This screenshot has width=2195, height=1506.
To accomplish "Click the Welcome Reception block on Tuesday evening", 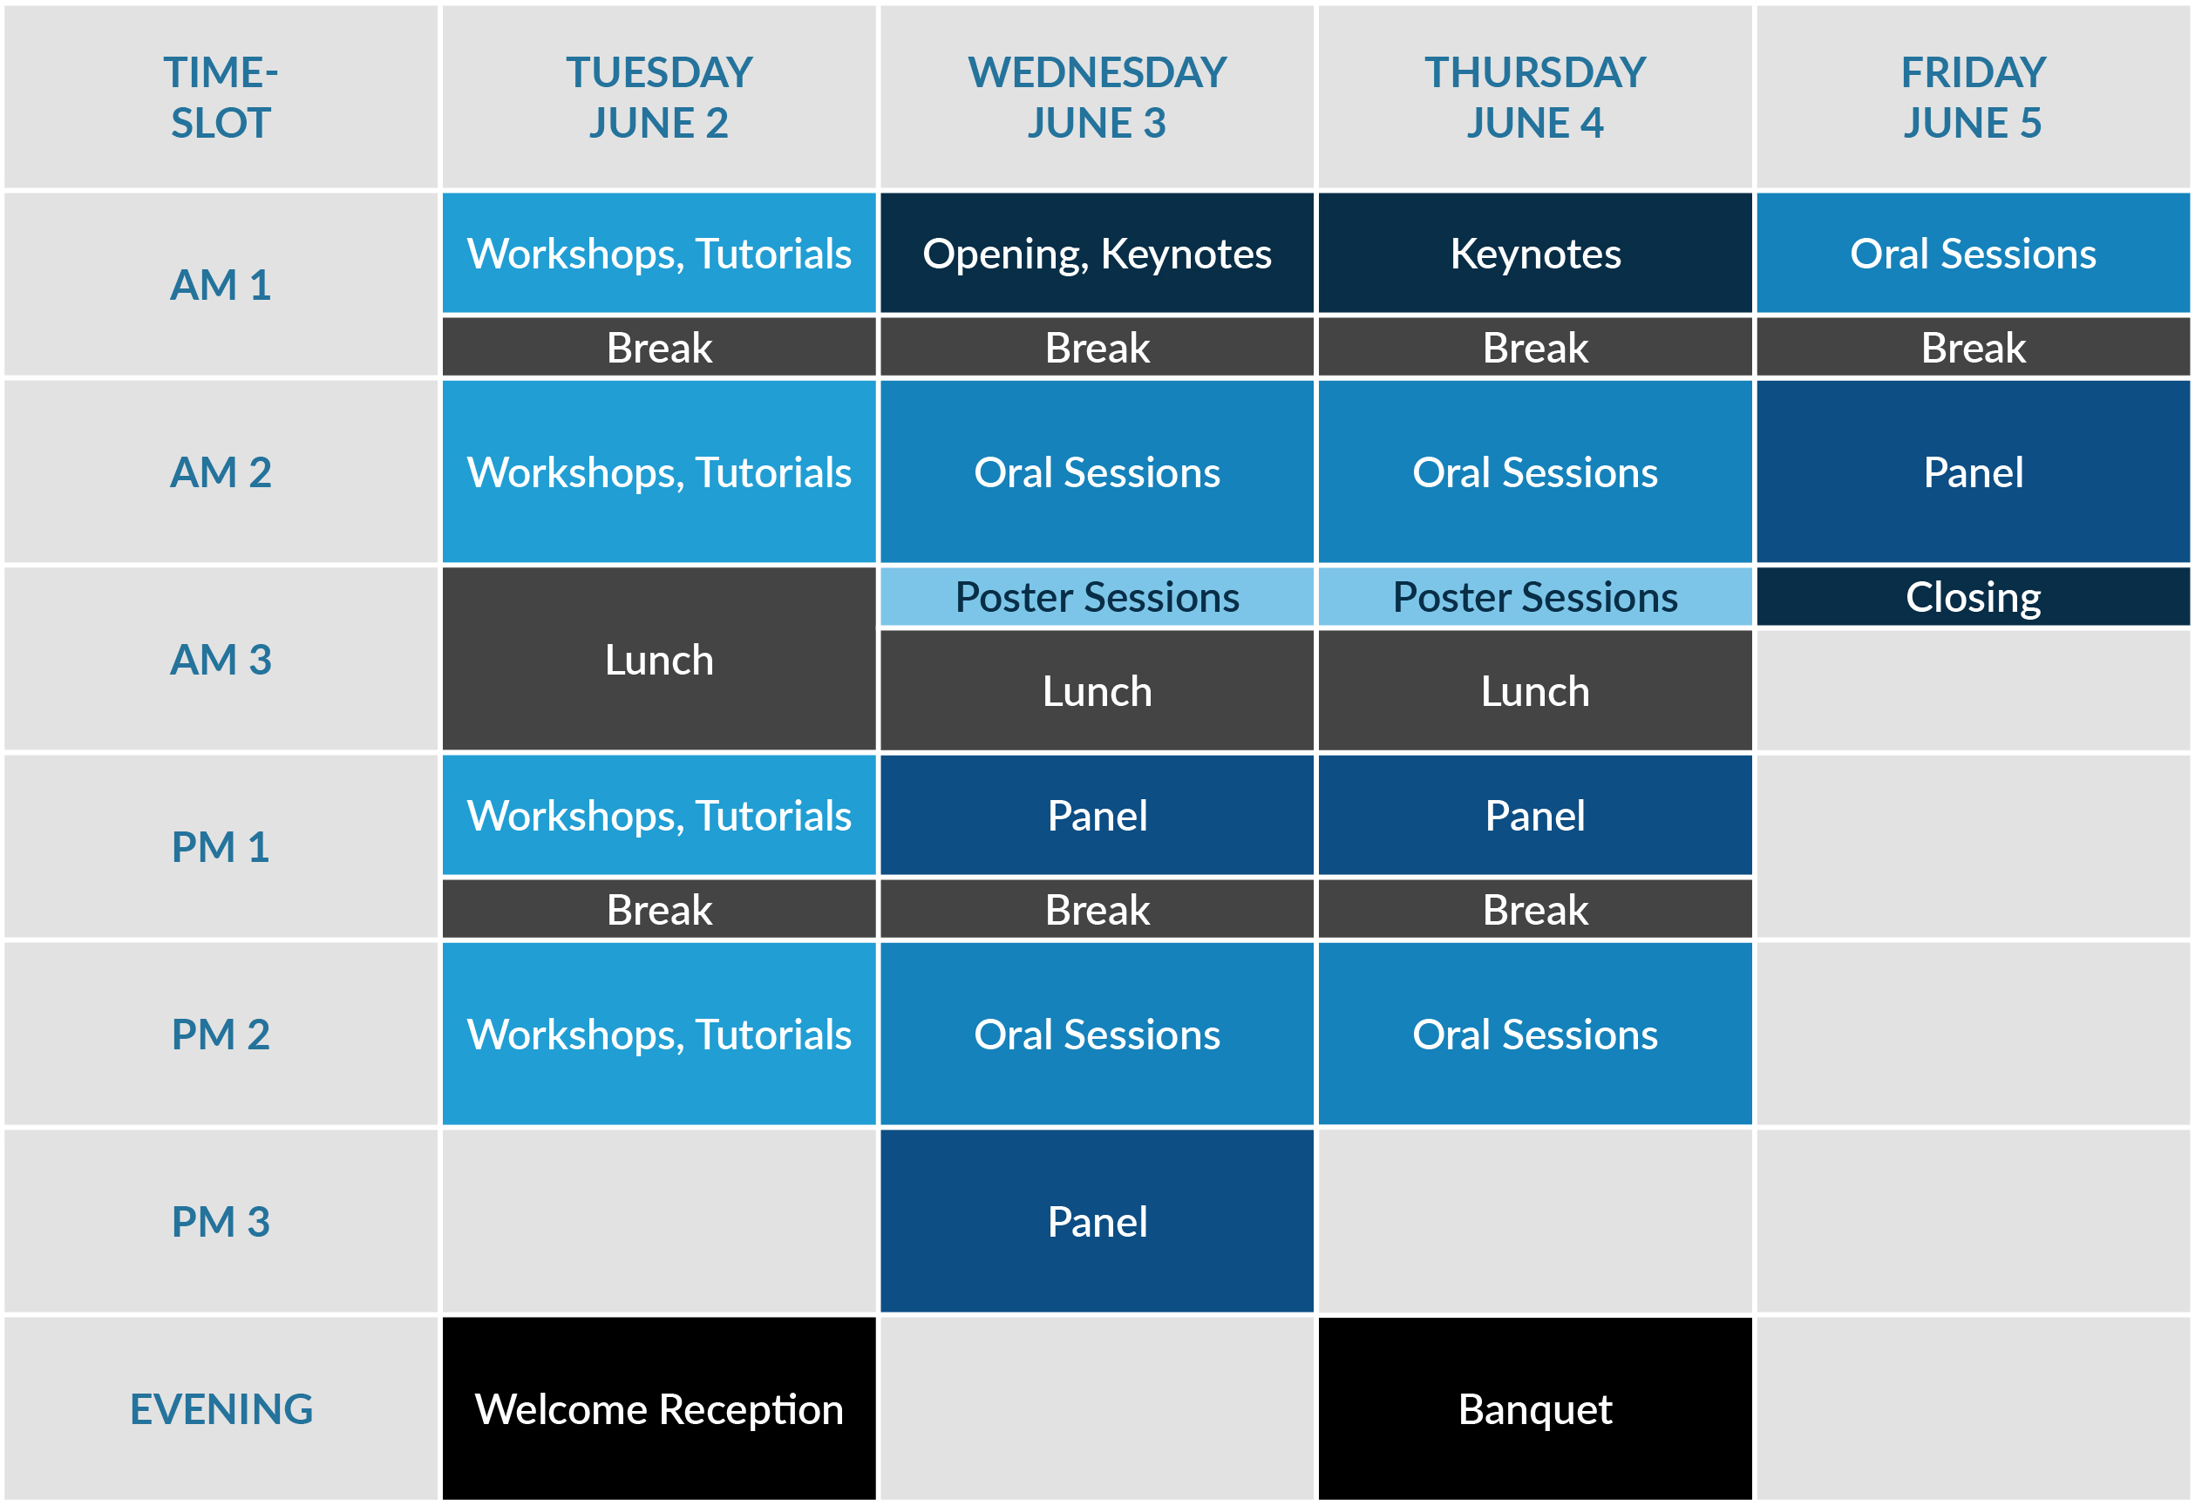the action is pyautogui.click(x=658, y=1408).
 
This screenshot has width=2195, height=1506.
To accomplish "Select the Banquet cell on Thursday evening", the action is pyautogui.click(x=1535, y=1408).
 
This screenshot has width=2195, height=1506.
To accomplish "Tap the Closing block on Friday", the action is pyautogui.click(x=1973, y=597).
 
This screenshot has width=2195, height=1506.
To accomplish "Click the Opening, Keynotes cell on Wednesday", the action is pyautogui.click(x=1097, y=253).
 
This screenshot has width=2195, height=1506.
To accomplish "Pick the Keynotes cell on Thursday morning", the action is pyautogui.click(x=1535, y=253).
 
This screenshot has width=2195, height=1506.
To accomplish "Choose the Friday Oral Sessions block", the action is pyautogui.click(x=1973, y=253).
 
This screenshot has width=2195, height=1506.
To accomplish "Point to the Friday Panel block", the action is pyautogui.click(x=1973, y=471).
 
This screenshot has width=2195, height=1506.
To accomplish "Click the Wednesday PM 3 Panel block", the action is pyautogui.click(x=1097, y=1221).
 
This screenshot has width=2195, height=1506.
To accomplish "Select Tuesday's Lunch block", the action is pyautogui.click(x=658, y=659).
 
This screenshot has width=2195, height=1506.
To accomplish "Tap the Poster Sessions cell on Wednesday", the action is pyautogui.click(x=1097, y=597).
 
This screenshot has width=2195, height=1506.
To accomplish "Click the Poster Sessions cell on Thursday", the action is pyautogui.click(x=1535, y=597).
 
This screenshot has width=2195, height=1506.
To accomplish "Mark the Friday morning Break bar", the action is pyautogui.click(x=1973, y=347).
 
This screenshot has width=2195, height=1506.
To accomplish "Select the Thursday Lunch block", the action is pyautogui.click(x=1535, y=690).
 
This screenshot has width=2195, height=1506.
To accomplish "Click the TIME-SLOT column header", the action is pyautogui.click(x=221, y=98).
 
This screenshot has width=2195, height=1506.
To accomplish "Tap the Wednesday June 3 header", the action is pyautogui.click(x=1097, y=98).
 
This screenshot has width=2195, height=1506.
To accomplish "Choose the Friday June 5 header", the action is pyautogui.click(x=1973, y=98).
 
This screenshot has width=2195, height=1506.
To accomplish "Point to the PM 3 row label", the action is pyautogui.click(x=221, y=1221).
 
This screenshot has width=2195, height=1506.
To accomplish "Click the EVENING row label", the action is pyautogui.click(x=221, y=1408).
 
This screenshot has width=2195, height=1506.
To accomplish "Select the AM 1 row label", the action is pyautogui.click(x=221, y=284).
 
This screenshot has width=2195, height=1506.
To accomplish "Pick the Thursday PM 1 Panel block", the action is pyautogui.click(x=1535, y=815).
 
